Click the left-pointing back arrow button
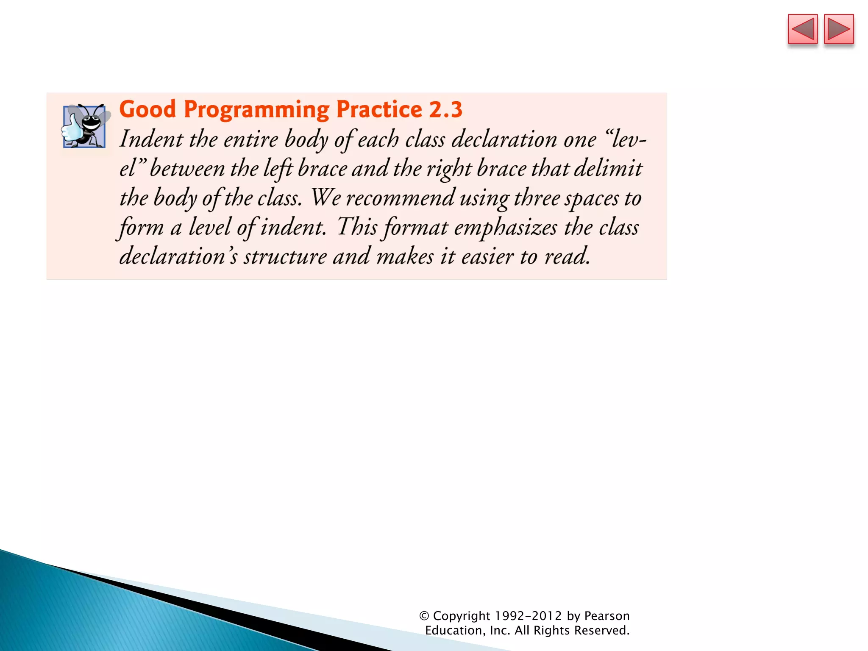click(802, 29)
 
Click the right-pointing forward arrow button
click(839, 29)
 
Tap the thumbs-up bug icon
click(85, 126)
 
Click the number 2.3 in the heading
click(445, 110)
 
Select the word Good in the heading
click(147, 110)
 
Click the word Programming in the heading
click(256, 110)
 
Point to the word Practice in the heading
click(379, 110)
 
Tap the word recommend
click(400, 198)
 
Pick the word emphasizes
click(505, 228)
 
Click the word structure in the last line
click(285, 257)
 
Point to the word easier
click(487, 257)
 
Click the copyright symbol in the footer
click(424, 616)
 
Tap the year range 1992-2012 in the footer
click(528, 616)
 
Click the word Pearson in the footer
click(606, 616)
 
